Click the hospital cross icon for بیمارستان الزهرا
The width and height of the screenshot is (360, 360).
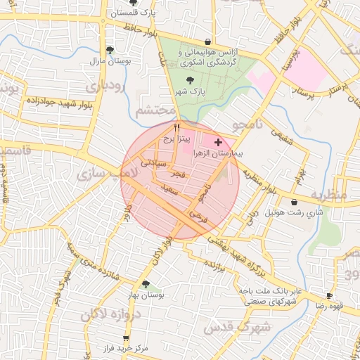click(218, 142)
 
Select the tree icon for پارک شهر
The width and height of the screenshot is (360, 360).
click(190, 80)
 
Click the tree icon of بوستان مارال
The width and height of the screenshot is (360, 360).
click(110, 49)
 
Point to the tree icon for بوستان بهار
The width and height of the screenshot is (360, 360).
click(145, 284)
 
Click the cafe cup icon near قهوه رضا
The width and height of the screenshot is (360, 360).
click(329, 295)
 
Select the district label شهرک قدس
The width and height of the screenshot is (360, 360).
click(229, 327)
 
